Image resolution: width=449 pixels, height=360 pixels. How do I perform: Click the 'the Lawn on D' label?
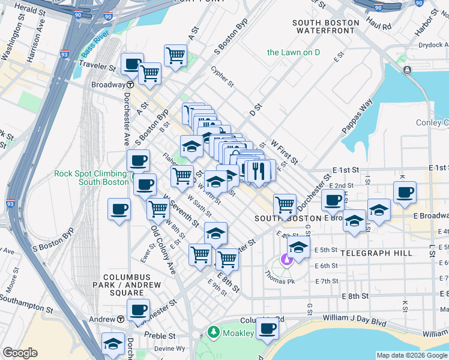(293, 52)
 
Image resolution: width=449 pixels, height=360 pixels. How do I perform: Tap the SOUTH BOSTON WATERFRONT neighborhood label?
(326, 28)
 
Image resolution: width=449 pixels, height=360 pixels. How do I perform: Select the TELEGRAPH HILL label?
(376, 253)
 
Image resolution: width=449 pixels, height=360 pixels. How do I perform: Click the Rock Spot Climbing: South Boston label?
(91, 178)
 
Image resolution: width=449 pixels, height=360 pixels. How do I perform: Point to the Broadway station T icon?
(130, 85)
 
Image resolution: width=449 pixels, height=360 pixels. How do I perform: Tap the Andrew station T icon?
(121, 319)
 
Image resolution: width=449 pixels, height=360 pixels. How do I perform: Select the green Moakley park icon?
(212, 332)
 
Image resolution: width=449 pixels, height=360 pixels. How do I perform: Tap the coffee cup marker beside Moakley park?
(267, 328)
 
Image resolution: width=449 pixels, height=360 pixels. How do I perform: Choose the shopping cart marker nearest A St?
(175, 56)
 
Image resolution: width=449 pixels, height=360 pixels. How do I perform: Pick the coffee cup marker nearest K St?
(405, 192)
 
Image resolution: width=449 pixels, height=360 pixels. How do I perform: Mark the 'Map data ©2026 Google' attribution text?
(411, 355)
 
